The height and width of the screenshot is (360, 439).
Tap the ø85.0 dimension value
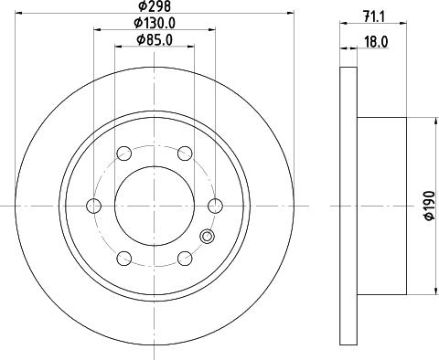[x=154, y=39]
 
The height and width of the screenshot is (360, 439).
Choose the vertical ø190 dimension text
[x=427, y=207]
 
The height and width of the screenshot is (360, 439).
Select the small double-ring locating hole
[x=206, y=239]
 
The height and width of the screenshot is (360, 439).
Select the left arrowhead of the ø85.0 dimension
[x=115, y=46]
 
